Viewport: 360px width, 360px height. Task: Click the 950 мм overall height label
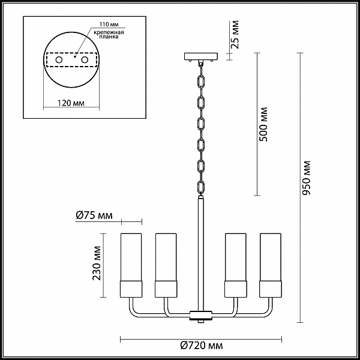coord(307,178)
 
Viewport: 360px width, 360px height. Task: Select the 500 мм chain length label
coord(263,124)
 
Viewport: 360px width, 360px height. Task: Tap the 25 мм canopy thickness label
coord(235,34)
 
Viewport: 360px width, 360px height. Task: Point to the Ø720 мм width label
coord(202,346)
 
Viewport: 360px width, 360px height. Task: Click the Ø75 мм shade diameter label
coord(94,215)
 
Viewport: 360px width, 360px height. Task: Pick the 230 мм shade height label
coord(97,263)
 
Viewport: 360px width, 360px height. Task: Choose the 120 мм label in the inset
coord(71,103)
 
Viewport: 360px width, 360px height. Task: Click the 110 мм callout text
coord(109,25)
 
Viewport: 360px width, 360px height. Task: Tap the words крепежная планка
coord(109,34)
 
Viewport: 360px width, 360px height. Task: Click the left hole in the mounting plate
coord(59,60)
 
